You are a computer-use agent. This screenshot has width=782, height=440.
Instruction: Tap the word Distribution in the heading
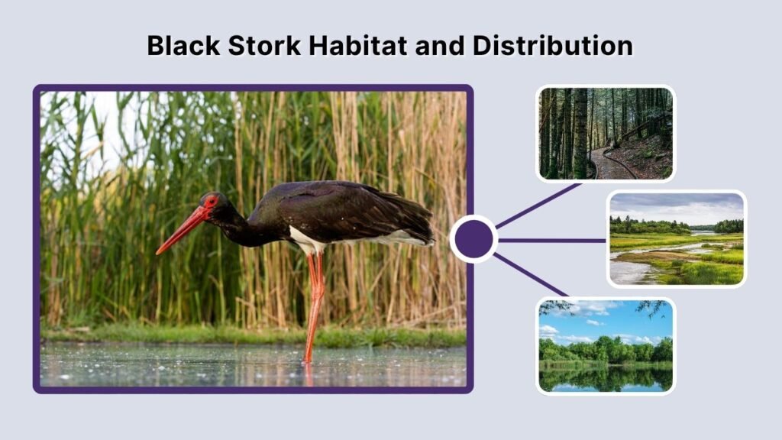pyautogui.click(x=552, y=46)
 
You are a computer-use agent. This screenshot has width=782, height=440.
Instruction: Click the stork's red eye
pyautogui.click(x=212, y=202)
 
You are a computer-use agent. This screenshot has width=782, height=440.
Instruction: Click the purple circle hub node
pyautogui.click(x=473, y=239)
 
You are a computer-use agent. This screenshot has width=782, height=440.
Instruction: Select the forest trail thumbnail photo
pyautogui.click(x=605, y=134)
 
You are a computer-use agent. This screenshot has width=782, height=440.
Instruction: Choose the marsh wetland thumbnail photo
pyautogui.click(x=676, y=239)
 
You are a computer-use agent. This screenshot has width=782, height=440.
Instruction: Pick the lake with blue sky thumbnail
pyautogui.click(x=605, y=345)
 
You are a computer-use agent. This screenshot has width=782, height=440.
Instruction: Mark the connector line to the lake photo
pyautogui.click(x=530, y=274)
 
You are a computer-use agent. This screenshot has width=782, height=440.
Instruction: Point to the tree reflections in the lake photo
pyautogui.click(x=605, y=378)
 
